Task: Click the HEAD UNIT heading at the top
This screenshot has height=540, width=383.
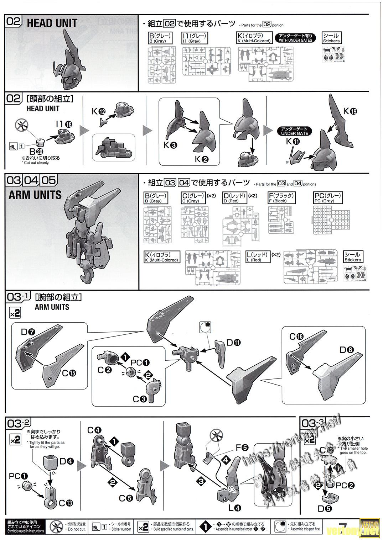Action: click(52, 23)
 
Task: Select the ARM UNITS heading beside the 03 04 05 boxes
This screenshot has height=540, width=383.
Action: click(35, 195)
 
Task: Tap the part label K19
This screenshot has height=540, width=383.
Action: click(350, 111)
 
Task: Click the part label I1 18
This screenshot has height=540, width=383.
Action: click(64, 124)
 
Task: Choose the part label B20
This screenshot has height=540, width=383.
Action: click(37, 151)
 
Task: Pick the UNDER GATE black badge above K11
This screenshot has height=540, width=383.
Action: click(294, 131)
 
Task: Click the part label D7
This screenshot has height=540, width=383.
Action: click(28, 333)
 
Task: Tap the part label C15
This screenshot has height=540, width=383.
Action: click(68, 373)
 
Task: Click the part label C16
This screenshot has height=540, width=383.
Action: click(296, 337)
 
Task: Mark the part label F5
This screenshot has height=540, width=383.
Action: click(242, 448)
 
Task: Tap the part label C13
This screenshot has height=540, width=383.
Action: click(66, 503)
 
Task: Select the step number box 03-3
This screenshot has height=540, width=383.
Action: click(312, 423)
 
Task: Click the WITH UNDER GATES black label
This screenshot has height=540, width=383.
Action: click(295, 38)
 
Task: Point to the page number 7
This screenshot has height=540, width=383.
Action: click(343, 527)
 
